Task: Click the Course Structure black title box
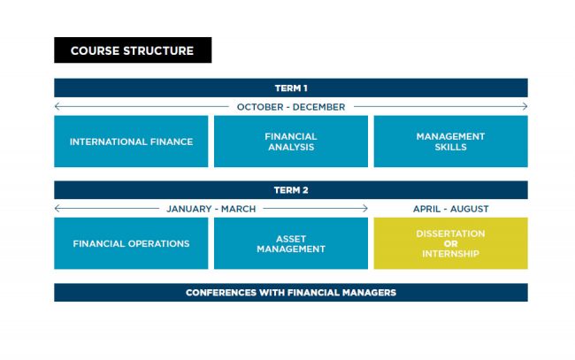pyautogui.click(x=133, y=50)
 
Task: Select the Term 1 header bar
pyautogui.click(x=290, y=88)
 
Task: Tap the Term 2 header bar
pyautogui.click(x=290, y=190)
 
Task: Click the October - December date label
pyautogui.click(x=290, y=107)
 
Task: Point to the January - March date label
pyautogui.click(x=211, y=209)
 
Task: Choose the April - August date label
pyautogui.click(x=450, y=209)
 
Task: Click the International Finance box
pyautogui.click(x=131, y=142)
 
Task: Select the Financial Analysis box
pyautogui.click(x=290, y=142)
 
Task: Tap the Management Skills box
pyautogui.click(x=450, y=142)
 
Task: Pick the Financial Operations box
pyautogui.click(x=131, y=243)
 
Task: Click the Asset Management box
pyautogui.click(x=290, y=243)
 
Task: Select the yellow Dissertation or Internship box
pyautogui.click(x=450, y=243)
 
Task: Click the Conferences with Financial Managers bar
pyautogui.click(x=290, y=292)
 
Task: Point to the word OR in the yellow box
pyautogui.click(x=450, y=243)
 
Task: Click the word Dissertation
pyautogui.click(x=450, y=234)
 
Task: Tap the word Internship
pyautogui.click(x=450, y=254)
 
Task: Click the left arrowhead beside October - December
pyautogui.click(x=57, y=107)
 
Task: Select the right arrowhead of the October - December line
pyautogui.click(x=525, y=107)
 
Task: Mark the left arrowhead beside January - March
pyautogui.click(x=57, y=209)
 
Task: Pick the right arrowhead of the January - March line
pyautogui.click(x=365, y=209)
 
